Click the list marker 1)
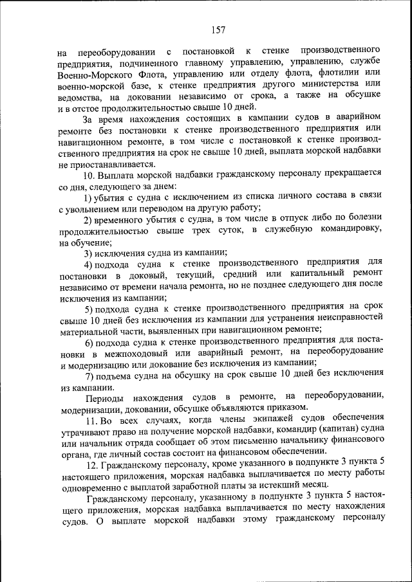(x=91, y=197)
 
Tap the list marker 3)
(x=91, y=253)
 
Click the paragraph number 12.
(x=93, y=466)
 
